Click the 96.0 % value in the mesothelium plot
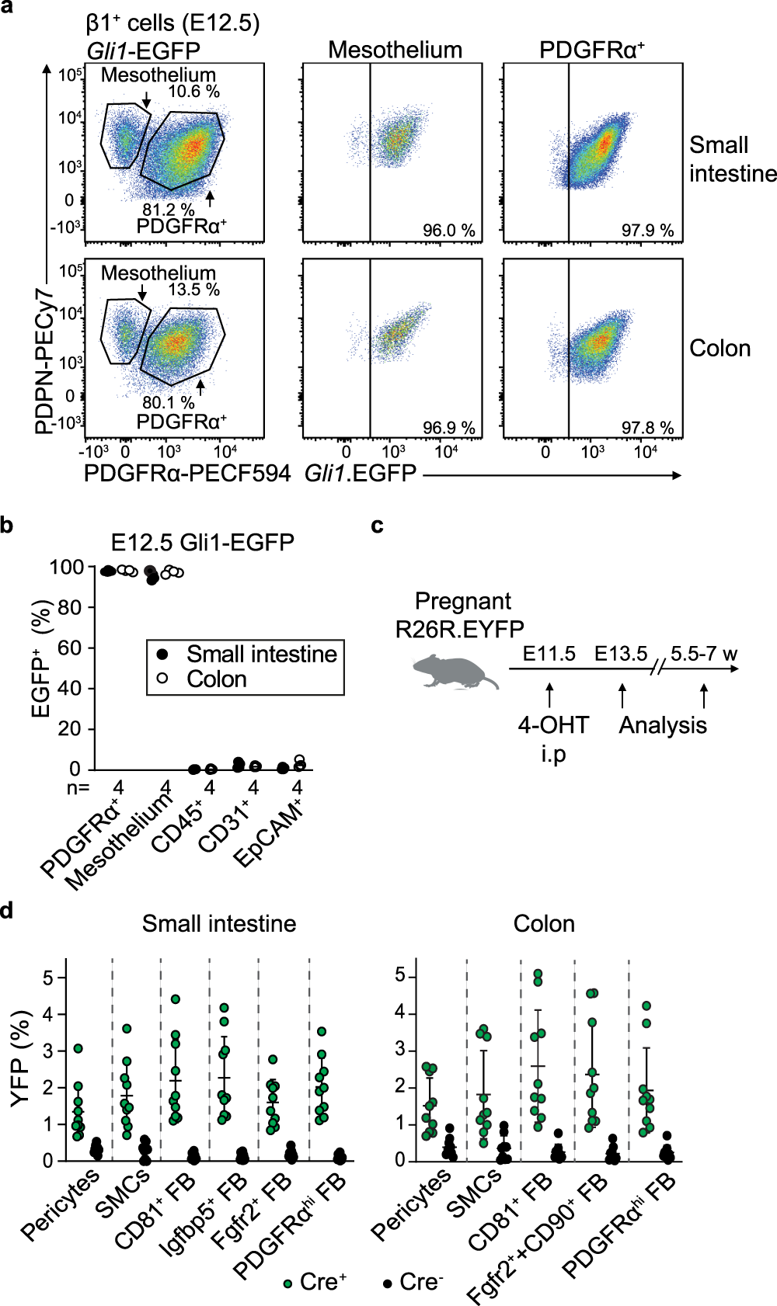[448, 231]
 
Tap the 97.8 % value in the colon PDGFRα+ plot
[647, 428]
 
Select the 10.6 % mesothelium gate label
[193, 92]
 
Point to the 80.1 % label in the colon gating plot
[168, 402]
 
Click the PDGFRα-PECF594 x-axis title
[186, 473]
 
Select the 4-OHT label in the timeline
[553, 725]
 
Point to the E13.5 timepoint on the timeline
[621, 654]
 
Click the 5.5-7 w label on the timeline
[704, 654]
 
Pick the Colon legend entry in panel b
[216, 679]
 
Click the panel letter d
[7, 910]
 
